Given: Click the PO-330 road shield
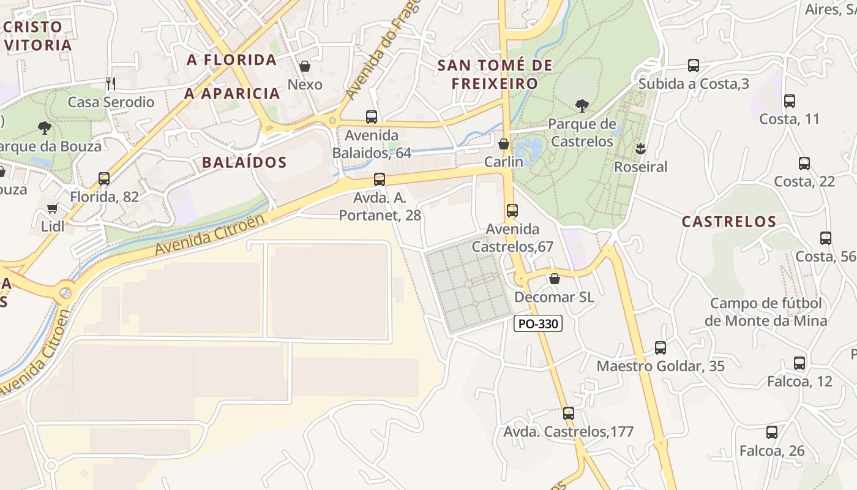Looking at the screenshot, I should tap(538, 324).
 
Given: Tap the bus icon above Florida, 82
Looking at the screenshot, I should tap(104, 179).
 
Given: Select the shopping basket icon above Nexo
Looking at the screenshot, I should tap(305, 66).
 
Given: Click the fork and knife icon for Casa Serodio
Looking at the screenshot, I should tap(111, 84).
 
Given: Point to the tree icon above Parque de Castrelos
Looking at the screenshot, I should tap(582, 106).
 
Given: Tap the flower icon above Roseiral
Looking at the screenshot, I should tap(640, 148).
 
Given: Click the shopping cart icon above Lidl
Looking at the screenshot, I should tap(53, 208).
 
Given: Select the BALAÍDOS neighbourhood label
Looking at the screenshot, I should tap(244, 162).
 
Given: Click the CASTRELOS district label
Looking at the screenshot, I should tap(729, 222).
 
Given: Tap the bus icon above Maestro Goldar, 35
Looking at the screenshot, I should tap(661, 348).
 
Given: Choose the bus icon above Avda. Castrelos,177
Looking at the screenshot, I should tap(569, 413).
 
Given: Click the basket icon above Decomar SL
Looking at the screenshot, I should tap(555, 279).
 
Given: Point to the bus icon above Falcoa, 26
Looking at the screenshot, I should tap(772, 432).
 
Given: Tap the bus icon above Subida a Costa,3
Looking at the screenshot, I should tap(694, 66).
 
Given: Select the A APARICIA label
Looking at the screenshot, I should tap(233, 94).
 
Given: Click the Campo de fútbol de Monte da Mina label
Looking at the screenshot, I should tap(766, 312).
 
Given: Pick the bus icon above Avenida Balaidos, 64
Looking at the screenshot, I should tap(372, 117).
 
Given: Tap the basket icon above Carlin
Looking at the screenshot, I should tap(504, 144).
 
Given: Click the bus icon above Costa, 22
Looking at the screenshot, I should tap(804, 164).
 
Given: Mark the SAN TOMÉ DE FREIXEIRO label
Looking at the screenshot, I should tap(495, 74).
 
